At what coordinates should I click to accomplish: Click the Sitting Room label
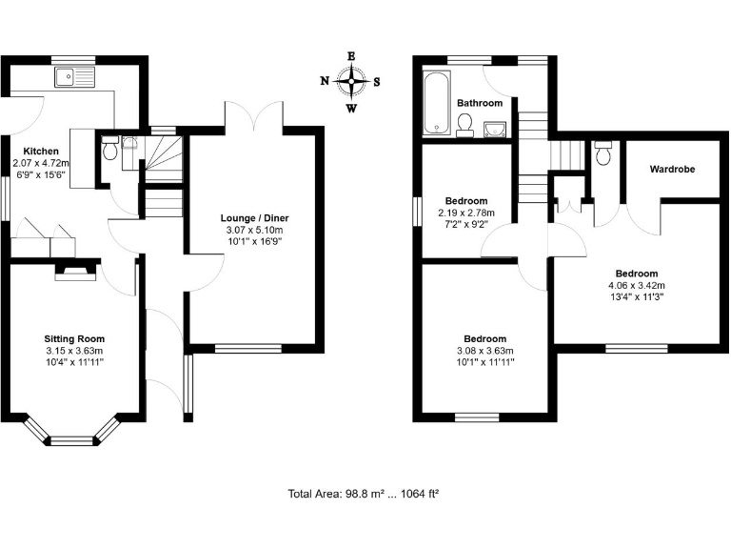74,338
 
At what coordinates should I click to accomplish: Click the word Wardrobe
672,170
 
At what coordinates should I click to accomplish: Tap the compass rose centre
351,81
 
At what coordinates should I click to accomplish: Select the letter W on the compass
351,108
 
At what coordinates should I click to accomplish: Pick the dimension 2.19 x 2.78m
465,213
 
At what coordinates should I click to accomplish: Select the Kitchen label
42,152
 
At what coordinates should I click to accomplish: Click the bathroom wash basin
494,129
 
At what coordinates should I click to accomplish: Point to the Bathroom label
479,103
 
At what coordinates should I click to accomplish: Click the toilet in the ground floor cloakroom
109,151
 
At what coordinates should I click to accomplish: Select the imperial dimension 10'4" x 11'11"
74,362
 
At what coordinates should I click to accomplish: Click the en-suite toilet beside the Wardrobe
603,152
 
